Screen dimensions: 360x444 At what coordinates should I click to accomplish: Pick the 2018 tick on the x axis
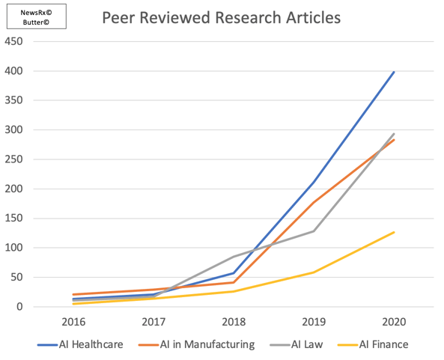point(233,322)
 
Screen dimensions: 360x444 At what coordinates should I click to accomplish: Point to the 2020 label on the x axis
point(394,322)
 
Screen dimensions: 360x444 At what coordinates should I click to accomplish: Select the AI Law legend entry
point(300,344)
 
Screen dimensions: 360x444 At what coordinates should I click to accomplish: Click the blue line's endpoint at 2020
point(394,72)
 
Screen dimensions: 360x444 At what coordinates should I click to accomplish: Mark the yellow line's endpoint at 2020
point(394,232)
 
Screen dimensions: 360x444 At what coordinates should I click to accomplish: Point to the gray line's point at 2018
point(233,257)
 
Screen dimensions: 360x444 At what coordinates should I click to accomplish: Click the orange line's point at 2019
point(314,202)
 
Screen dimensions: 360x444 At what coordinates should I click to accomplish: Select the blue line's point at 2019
point(314,182)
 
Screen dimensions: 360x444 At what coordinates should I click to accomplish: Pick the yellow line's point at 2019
point(314,272)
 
